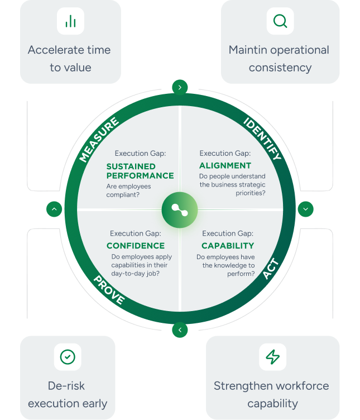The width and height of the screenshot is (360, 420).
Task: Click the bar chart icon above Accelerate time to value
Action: point(70,22)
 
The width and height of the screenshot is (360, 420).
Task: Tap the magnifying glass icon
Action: point(280,22)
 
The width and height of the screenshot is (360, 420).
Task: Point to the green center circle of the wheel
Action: point(180,209)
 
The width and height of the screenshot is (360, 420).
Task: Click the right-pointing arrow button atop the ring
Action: point(180,87)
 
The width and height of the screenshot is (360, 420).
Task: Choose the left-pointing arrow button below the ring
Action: point(180,330)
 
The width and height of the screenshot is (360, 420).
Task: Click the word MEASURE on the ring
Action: point(99,140)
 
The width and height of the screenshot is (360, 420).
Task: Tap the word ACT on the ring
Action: point(270,269)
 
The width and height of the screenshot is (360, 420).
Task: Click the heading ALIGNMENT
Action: point(225,165)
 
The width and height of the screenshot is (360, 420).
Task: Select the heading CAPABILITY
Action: point(228,246)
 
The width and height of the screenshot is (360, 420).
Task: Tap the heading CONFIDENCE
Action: point(136,246)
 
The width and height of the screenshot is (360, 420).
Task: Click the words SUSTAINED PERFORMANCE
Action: point(140,171)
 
